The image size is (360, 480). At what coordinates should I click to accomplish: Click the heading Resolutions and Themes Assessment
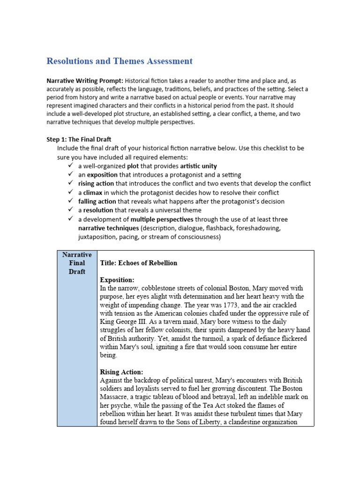point(119,61)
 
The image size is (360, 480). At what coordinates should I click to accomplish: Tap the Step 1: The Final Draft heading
point(79,139)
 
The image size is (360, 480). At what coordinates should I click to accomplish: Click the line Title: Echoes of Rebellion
point(139,263)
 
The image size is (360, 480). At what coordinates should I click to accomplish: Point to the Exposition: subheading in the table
point(117,280)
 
